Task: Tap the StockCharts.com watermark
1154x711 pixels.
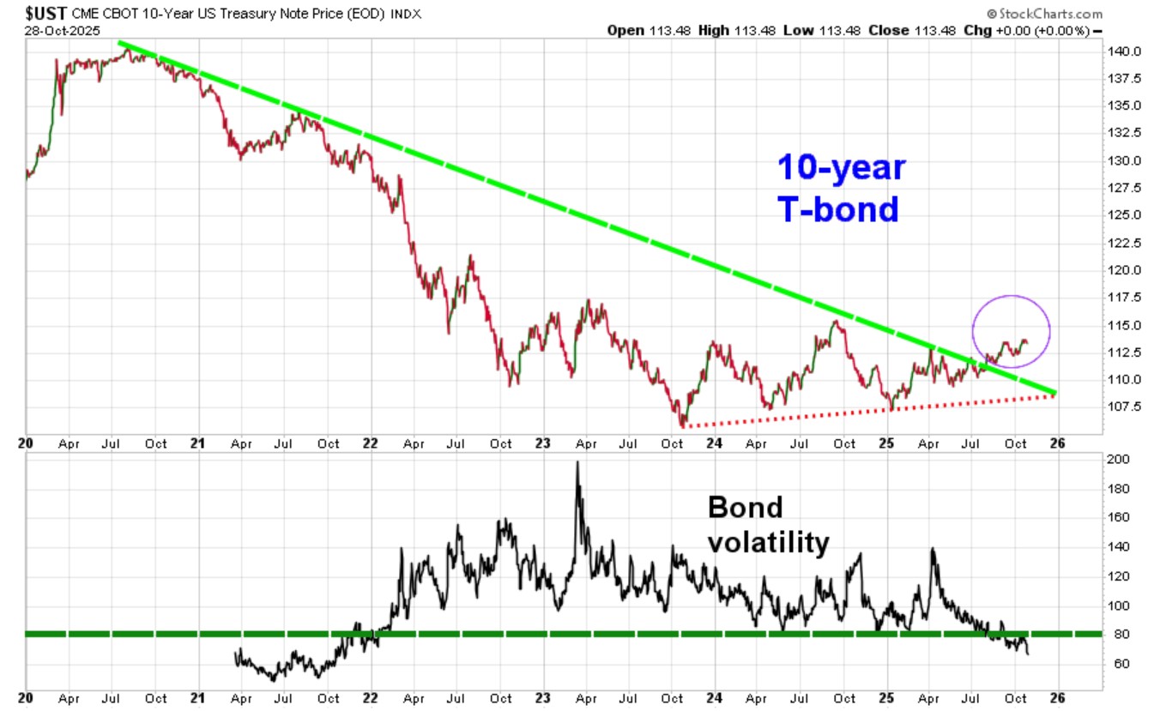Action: coord(1044,14)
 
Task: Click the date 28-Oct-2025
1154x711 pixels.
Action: coord(63,30)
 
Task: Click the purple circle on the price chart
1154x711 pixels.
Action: coord(1011,331)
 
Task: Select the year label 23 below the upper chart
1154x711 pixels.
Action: coord(542,443)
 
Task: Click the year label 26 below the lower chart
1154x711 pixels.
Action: coord(1057,697)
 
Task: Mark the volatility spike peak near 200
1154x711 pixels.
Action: coord(577,462)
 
